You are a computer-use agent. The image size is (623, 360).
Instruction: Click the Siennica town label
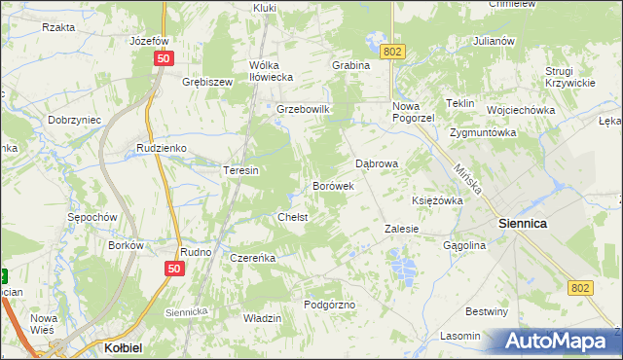click(x=523, y=223)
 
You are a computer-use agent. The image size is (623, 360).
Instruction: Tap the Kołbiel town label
click(x=124, y=346)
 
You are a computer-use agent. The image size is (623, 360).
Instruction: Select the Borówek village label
click(x=332, y=185)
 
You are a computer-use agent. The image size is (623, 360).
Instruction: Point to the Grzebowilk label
click(x=305, y=110)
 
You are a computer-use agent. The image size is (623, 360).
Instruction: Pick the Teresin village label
click(x=240, y=170)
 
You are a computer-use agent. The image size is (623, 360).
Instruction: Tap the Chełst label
click(x=292, y=217)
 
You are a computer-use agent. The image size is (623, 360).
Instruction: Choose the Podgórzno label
click(x=330, y=305)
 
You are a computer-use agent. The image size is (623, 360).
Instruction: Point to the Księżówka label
click(x=437, y=200)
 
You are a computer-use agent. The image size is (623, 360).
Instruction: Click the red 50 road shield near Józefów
click(x=163, y=59)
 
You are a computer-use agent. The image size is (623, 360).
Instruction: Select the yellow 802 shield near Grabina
click(x=392, y=51)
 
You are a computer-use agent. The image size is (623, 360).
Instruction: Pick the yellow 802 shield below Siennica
click(x=581, y=287)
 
